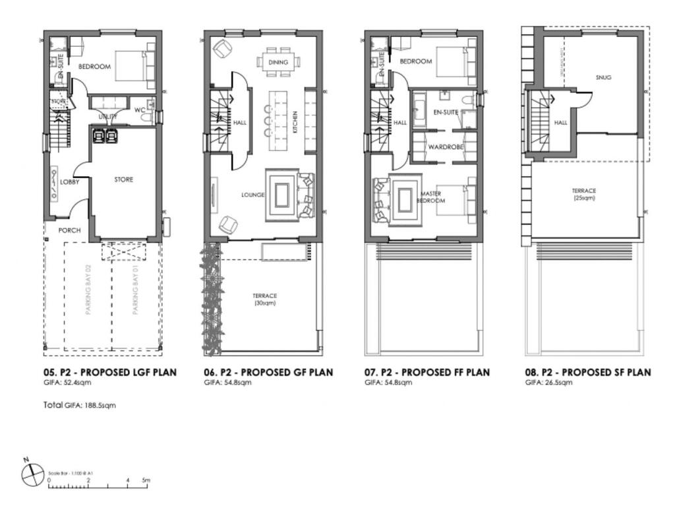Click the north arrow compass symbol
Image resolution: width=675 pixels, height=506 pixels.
pos(31,474)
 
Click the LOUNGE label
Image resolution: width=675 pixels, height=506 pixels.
pos(252,195)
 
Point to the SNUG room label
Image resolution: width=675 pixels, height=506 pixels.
pos(603,77)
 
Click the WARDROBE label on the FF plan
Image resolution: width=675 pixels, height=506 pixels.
pos(446,146)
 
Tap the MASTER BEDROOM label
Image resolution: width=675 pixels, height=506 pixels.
pos(431,197)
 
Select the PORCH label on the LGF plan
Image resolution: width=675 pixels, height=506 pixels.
pos(69,230)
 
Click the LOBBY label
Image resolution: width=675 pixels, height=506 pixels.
pos(69,182)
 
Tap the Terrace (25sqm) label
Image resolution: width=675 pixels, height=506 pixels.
pos(584,194)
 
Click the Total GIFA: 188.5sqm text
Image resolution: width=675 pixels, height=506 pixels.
pos(79,405)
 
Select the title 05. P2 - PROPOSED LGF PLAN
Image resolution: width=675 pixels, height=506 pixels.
pos(110,372)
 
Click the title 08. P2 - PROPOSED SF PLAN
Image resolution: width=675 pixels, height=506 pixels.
pos(588,372)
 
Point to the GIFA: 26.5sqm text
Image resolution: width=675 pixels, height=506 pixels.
pos(544,383)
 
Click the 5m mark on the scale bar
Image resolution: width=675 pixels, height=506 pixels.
pos(146,480)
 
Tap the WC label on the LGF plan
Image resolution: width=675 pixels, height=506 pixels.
pos(140,110)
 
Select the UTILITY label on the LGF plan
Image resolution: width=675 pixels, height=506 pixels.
pos(108,117)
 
